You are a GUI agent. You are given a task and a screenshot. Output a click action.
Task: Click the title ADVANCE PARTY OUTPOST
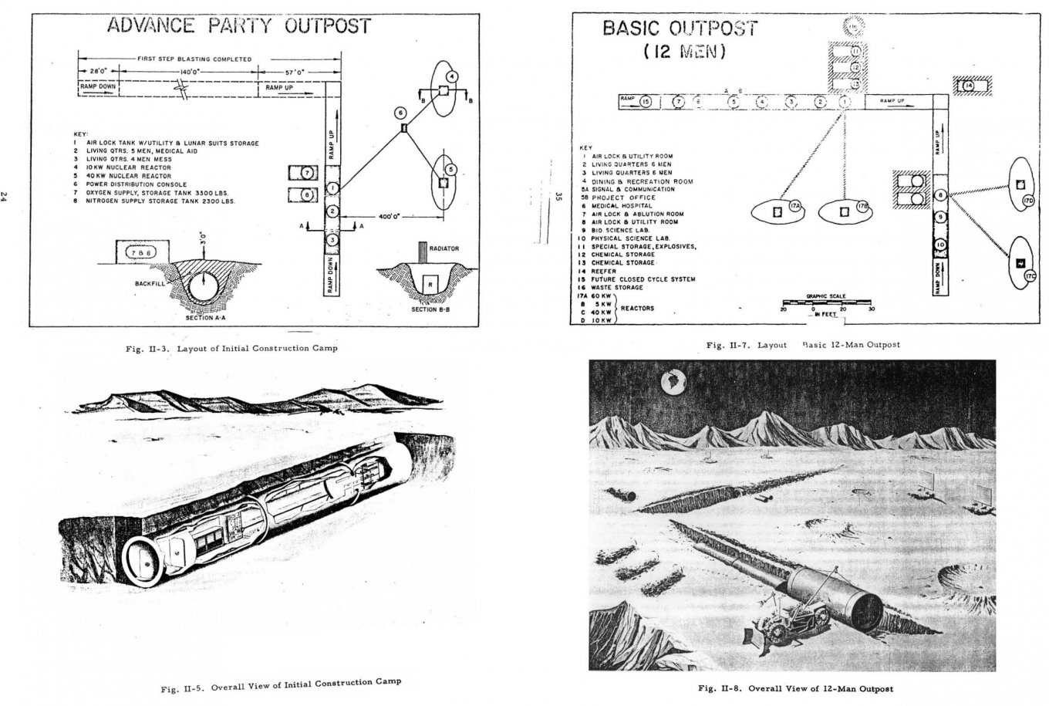pyautogui.click(x=238, y=25)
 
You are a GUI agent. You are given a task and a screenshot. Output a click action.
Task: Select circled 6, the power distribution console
pyautogui.click(x=400, y=113)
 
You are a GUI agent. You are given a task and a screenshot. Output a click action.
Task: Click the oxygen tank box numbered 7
pyautogui.click(x=306, y=172)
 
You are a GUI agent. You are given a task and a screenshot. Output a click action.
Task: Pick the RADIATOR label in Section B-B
pyautogui.click(x=445, y=248)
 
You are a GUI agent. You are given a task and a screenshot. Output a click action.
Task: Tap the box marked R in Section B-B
pyautogui.click(x=429, y=285)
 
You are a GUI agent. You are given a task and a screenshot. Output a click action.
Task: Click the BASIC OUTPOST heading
pyautogui.click(x=679, y=29)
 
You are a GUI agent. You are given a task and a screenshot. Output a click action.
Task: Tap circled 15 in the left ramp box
pyautogui.click(x=646, y=102)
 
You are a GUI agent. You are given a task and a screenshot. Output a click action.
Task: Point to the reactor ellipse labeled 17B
pyautogui.click(x=845, y=209)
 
